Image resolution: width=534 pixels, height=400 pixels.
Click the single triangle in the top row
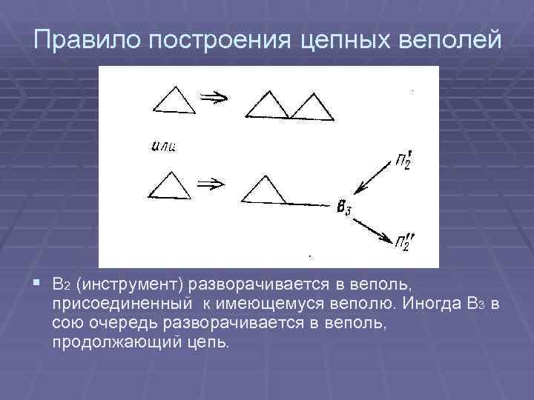[173, 100]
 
